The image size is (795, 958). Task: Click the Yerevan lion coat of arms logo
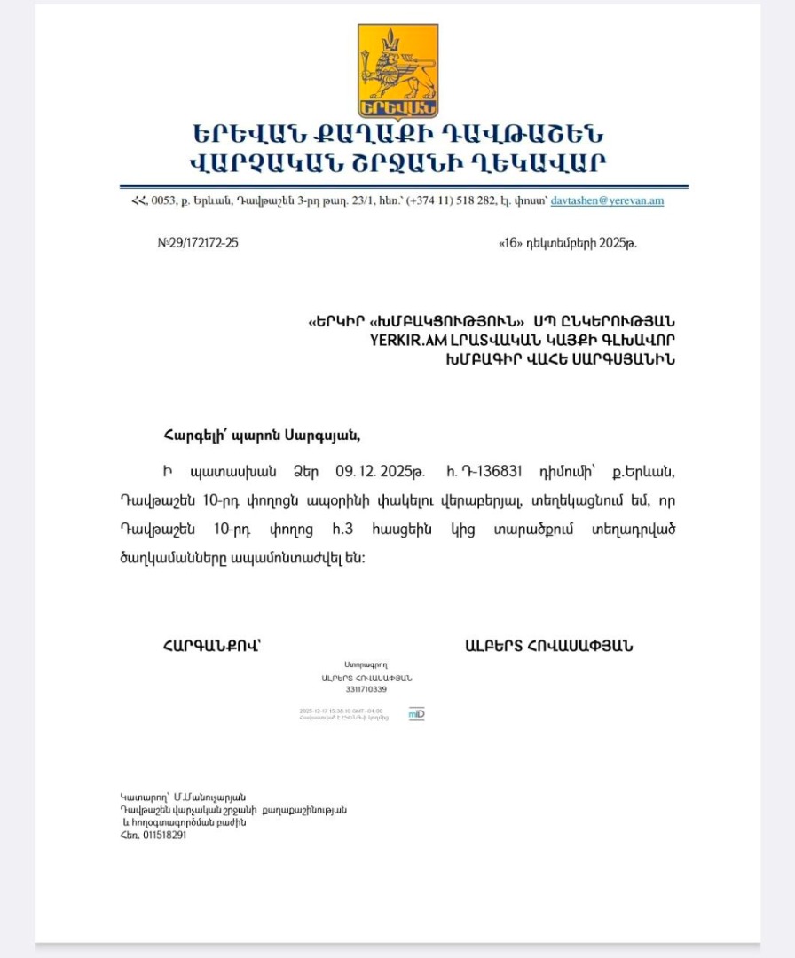(397, 71)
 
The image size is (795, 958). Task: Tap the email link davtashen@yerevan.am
(607, 200)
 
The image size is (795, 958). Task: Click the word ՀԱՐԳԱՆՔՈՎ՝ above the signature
(211, 646)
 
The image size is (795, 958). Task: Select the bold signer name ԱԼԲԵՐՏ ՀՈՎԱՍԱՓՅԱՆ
(548, 646)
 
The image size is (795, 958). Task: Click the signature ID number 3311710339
(366, 689)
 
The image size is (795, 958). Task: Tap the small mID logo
(416, 713)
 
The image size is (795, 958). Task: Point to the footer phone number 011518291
(165, 835)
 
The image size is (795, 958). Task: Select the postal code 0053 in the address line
(164, 200)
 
